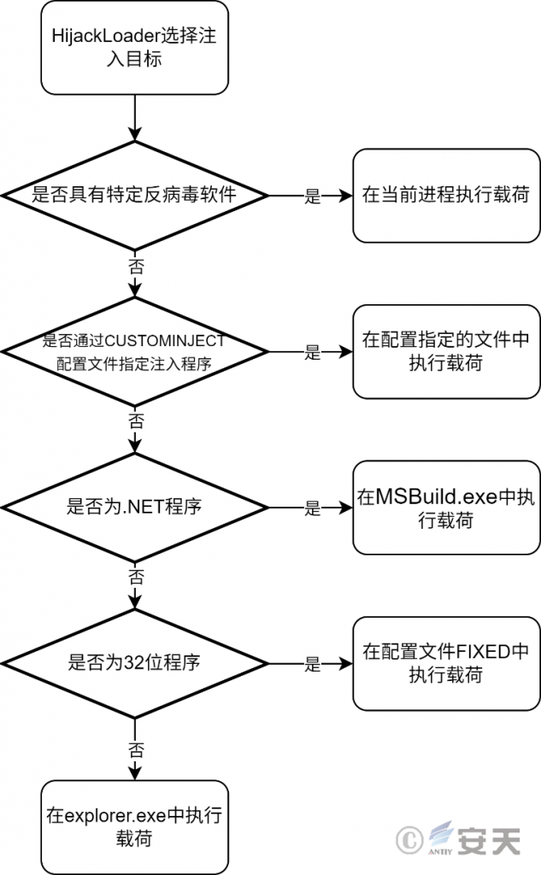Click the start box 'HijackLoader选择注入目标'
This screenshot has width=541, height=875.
click(x=134, y=48)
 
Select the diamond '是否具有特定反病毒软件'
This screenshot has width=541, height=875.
click(x=134, y=196)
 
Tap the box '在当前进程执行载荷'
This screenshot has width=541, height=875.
click(x=446, y=196)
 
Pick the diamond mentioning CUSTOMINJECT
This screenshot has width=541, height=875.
click(x=134, y=351)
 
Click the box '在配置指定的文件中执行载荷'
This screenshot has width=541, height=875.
click(x=446, y=351)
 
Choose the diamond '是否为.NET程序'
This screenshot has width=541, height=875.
click(x=134, y=508)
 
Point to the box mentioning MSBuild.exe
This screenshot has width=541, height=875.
click(x=446, y=508)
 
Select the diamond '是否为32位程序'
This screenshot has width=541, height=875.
click(x=134, y=663)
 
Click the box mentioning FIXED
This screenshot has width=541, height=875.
click(x=446, y=663)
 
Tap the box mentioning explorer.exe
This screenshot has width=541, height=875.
click(x=134, y=827)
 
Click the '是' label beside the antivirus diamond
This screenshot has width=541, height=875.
click(x=313, y=196)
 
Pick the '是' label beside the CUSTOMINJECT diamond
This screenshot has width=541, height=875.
click(x=313, y=352)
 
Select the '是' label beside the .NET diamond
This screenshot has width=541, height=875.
click(x=313, y=508)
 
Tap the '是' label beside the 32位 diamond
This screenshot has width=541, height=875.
click(x=313, y=664)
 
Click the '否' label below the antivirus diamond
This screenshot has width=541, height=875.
click(x=136, y=266)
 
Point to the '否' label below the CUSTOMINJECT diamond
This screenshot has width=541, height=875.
click(x=136, y=420)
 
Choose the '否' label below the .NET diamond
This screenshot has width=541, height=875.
click(x=136, y=577)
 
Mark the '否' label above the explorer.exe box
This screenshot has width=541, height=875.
click(x=136, y=749)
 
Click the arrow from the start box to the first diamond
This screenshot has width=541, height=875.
click(x=134, y=118)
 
